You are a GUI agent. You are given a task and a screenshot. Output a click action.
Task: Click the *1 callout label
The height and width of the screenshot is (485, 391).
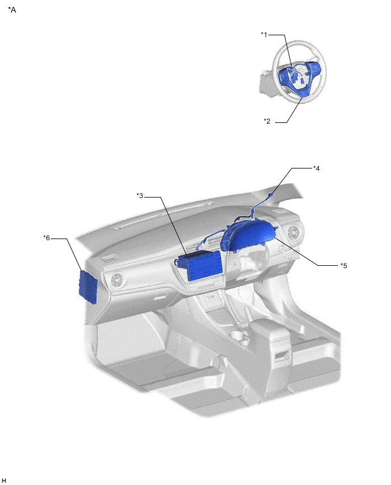pos(264,34)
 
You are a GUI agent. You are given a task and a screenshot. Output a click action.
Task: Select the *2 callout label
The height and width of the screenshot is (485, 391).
pos(267,121)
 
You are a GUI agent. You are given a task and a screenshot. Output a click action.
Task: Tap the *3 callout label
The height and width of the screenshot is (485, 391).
pos(140,195)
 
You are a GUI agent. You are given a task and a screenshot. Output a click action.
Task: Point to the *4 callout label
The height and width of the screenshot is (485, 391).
pos(316,168)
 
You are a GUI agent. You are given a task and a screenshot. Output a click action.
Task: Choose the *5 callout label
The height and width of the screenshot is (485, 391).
pos(343,266)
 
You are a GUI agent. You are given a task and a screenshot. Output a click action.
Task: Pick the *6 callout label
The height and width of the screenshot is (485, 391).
pos(47,238)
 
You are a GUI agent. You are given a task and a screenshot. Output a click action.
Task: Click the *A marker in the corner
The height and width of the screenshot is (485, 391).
pos(12,10)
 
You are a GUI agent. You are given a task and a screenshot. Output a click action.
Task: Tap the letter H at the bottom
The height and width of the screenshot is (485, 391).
pos(4,480)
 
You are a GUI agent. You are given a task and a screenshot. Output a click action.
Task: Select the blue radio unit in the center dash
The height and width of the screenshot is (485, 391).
pos(199,265)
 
